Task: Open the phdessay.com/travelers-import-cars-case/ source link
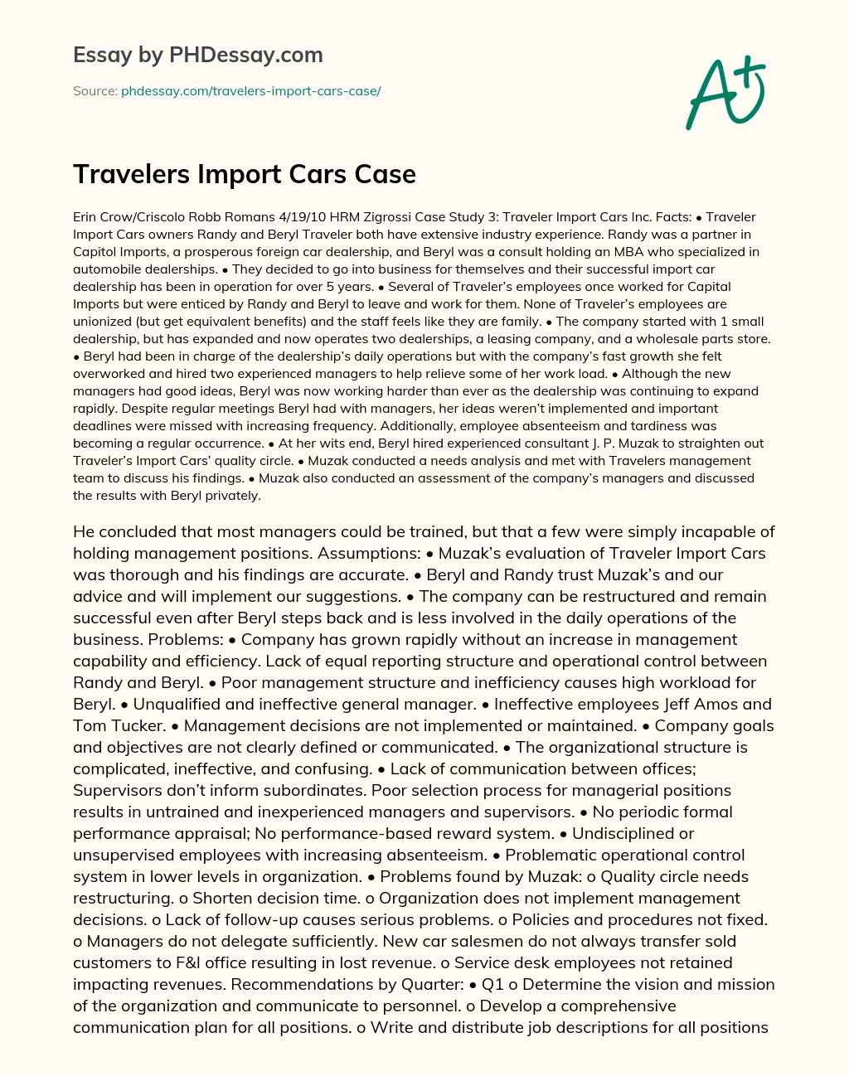click(250, 91)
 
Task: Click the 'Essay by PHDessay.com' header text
click(198, 55)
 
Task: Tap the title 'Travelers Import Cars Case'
click(245, 174)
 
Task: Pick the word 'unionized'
click(102, 322)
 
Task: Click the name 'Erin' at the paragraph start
click(85, 217)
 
